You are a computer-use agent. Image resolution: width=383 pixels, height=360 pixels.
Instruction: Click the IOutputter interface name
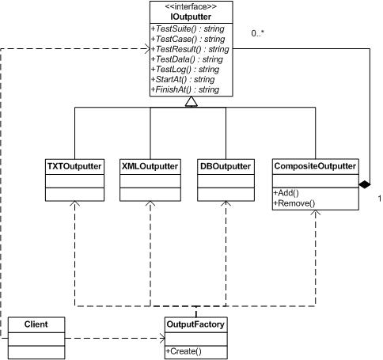point(191,17)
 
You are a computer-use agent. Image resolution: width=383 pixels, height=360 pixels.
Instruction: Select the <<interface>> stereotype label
point(191,6)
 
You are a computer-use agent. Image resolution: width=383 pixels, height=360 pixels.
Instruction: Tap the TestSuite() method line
point(188,28)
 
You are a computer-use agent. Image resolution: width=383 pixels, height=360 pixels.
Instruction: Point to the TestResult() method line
point(190,49)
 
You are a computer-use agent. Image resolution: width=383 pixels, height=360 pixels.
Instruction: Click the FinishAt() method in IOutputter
point(185,89)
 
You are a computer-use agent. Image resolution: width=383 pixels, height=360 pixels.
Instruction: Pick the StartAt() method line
point(183,79)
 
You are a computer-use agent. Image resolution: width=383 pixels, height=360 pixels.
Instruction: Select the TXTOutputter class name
point(74,166)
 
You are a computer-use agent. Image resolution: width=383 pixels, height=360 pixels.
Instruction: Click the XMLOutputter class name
point(150,166)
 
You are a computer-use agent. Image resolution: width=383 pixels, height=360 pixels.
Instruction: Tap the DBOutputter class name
point(226,166)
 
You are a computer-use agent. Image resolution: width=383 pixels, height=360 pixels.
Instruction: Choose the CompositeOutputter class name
point(315,166)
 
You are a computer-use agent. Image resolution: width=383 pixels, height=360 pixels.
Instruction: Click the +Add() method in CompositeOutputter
point(286,193)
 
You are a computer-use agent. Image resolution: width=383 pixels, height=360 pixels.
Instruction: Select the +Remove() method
point(294,203)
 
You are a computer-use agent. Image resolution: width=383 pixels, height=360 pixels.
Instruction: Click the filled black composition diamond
point(365,184)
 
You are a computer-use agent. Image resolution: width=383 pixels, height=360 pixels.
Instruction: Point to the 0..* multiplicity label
point(258,33)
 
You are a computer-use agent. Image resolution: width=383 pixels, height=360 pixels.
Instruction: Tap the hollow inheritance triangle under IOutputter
point(191,101)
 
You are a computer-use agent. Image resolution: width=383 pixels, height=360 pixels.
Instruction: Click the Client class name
point(36,324)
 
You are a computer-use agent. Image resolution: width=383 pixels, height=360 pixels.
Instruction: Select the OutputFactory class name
point(195,324)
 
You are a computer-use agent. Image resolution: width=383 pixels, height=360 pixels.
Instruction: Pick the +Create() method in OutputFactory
point(184,351)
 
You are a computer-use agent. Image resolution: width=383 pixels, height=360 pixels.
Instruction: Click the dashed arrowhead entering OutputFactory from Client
point(162,338)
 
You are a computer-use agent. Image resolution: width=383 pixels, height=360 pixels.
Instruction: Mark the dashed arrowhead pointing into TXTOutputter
point(74,203)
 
